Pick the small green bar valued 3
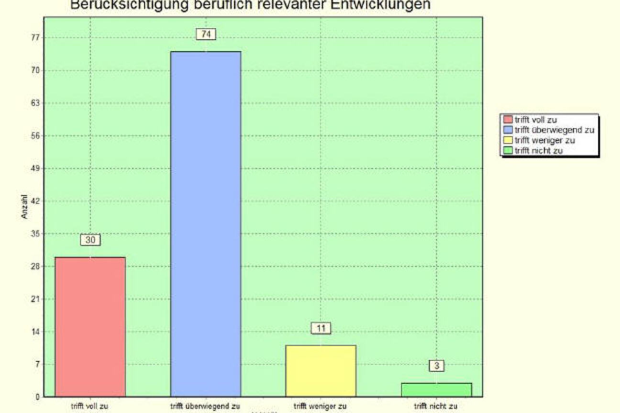(436, 390)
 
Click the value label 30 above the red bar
(90, 240)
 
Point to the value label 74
(206, 34)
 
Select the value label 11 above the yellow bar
(321, 328)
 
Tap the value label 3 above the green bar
(436, 366)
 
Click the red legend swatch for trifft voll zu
(507, 120)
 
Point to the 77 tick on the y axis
(35, 38)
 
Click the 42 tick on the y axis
(35, 201)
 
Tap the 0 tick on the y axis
(37, 397)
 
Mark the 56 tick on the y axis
(35, 136)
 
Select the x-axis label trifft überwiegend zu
(206, 407)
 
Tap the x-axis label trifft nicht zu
(436, 407)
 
